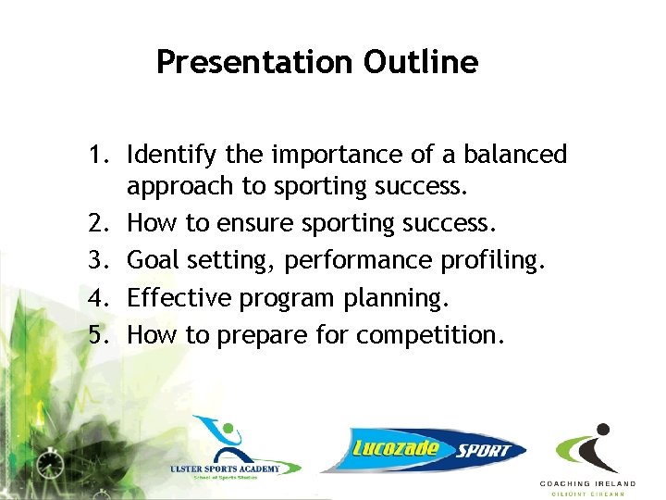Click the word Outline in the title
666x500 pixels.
point(421,62)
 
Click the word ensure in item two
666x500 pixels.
point(261,222)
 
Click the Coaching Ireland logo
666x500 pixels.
point(588,458)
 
